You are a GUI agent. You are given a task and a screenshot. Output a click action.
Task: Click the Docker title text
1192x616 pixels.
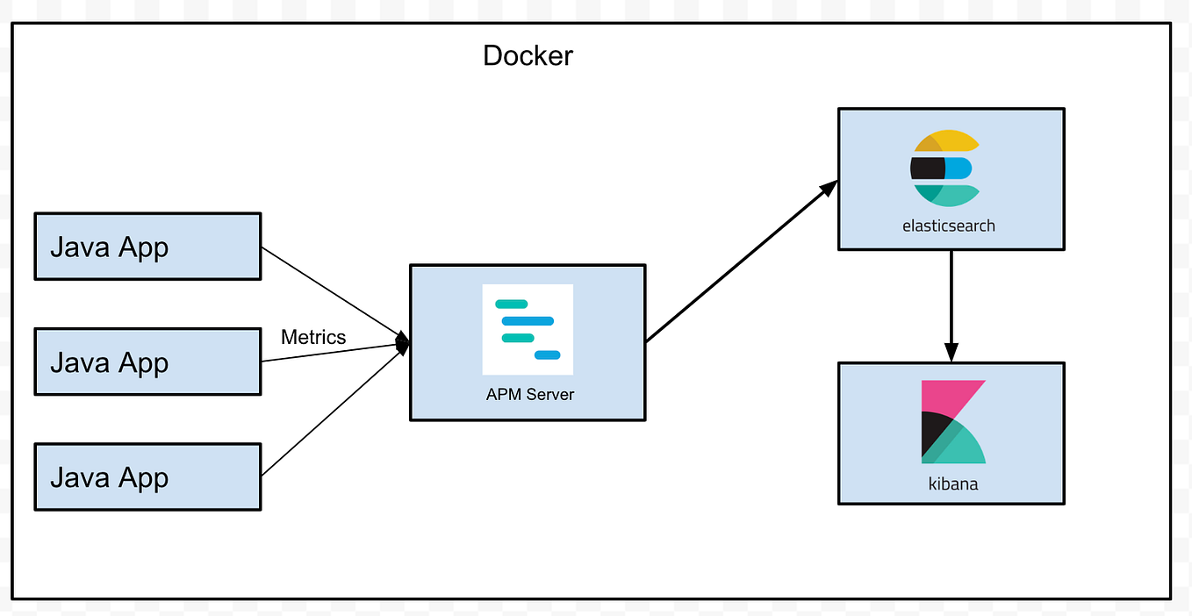[x=528, y=56]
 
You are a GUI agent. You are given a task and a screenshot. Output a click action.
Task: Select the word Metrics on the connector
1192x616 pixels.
[x=313, y=337]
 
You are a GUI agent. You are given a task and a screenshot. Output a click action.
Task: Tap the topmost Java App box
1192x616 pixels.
[x=147, y=247]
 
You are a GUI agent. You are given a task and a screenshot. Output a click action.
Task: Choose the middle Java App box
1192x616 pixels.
[x=147, y=362]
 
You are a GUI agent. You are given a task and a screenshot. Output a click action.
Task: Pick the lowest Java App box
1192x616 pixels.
[x=147, y=477]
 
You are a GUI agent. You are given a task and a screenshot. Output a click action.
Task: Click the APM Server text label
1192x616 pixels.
[x=529, y=395]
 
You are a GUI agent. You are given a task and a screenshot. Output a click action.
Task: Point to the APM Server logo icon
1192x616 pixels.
[x=528, y=329]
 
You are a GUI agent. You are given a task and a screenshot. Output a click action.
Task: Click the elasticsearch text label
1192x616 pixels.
[x=948, y=226]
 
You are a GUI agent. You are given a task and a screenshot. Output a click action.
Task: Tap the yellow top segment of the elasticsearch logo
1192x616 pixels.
[x=952, y=141]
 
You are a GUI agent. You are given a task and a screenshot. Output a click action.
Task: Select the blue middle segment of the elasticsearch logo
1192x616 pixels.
[x=959, y=168]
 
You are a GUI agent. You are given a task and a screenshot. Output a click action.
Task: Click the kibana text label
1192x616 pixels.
[x=952, y=483]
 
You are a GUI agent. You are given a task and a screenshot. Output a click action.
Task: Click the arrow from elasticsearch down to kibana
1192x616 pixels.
[x=951, y=298]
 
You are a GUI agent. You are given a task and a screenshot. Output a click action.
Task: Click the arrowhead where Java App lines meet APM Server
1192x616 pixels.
[x=404, y=343]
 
